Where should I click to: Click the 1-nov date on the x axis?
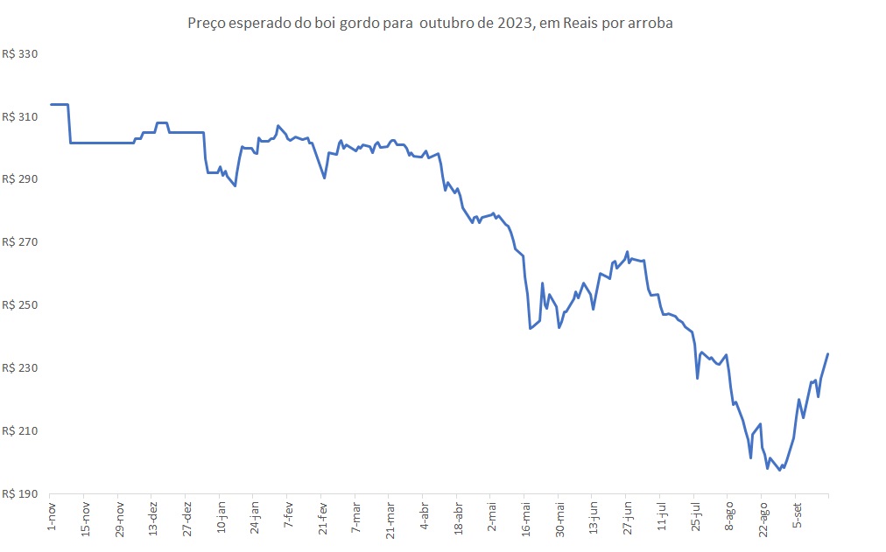pyautogui.click(x=52, y=515)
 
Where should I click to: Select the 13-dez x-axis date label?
pyautogui.click(x=153, y=517)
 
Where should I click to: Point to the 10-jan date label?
pyautogui.click(x=221, y=517)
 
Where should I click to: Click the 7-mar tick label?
pyautogui.click(x=355, y=517)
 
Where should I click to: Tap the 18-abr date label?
pyautogui.click(x=457, y=517)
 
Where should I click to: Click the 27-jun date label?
pyautogui.click(x=626, y=517)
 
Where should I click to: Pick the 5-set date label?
pyautogui.click(x=796, y=515)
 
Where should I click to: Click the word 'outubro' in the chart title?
pyautogui.click(x=446, y=24)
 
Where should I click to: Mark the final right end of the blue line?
pyautogui.click(x=827, y=353)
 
